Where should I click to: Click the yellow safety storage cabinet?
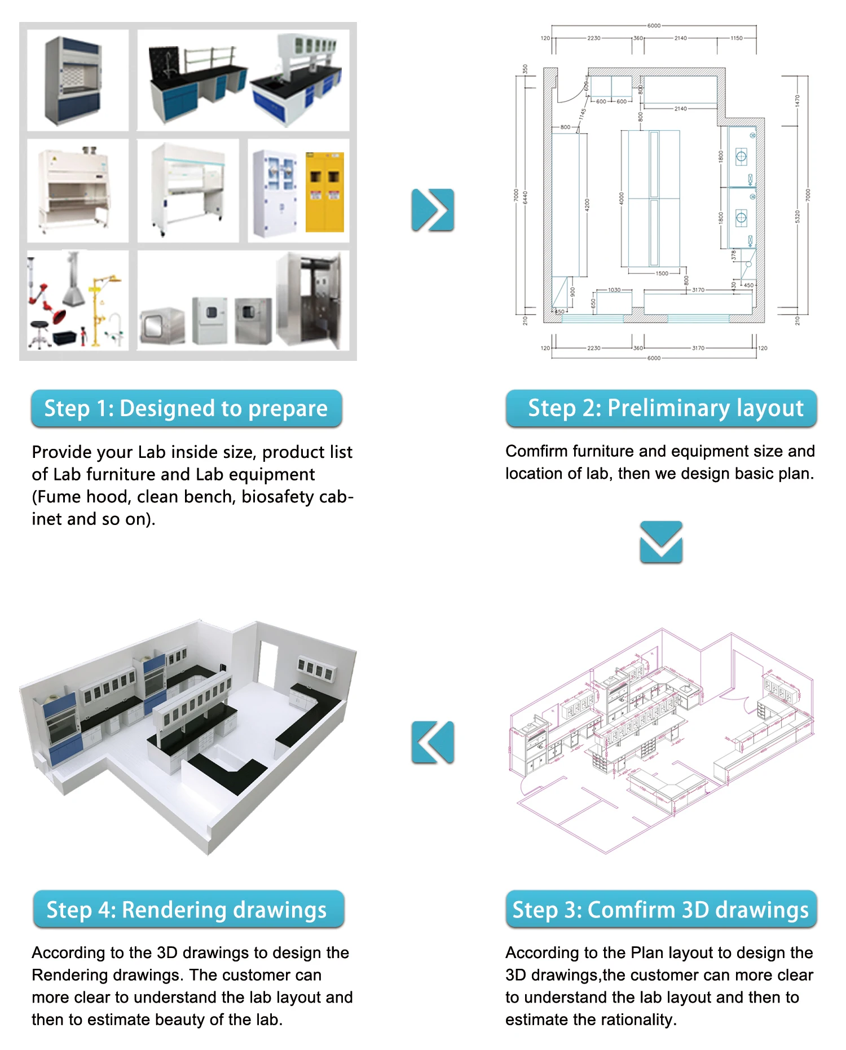(x=324, y=192)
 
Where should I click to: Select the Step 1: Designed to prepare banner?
(x=186, y=408)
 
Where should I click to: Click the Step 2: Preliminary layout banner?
(x=661, y=408)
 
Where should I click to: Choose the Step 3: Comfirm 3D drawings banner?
(x=661, y=909)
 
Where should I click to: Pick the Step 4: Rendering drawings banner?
(x=188, y=909)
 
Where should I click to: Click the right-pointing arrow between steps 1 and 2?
(x=433, y=210)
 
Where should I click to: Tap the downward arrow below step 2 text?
(x=661, y=542)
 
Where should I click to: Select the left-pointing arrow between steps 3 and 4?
(x=433, y=742)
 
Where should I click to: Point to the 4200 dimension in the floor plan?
(x=587, y=205)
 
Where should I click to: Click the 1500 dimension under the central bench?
(x=662, y=273)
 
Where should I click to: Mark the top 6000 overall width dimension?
(x=654, y=25)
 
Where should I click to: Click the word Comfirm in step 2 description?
(x=536, y=451)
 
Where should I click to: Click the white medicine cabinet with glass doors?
(x=275, y=192)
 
